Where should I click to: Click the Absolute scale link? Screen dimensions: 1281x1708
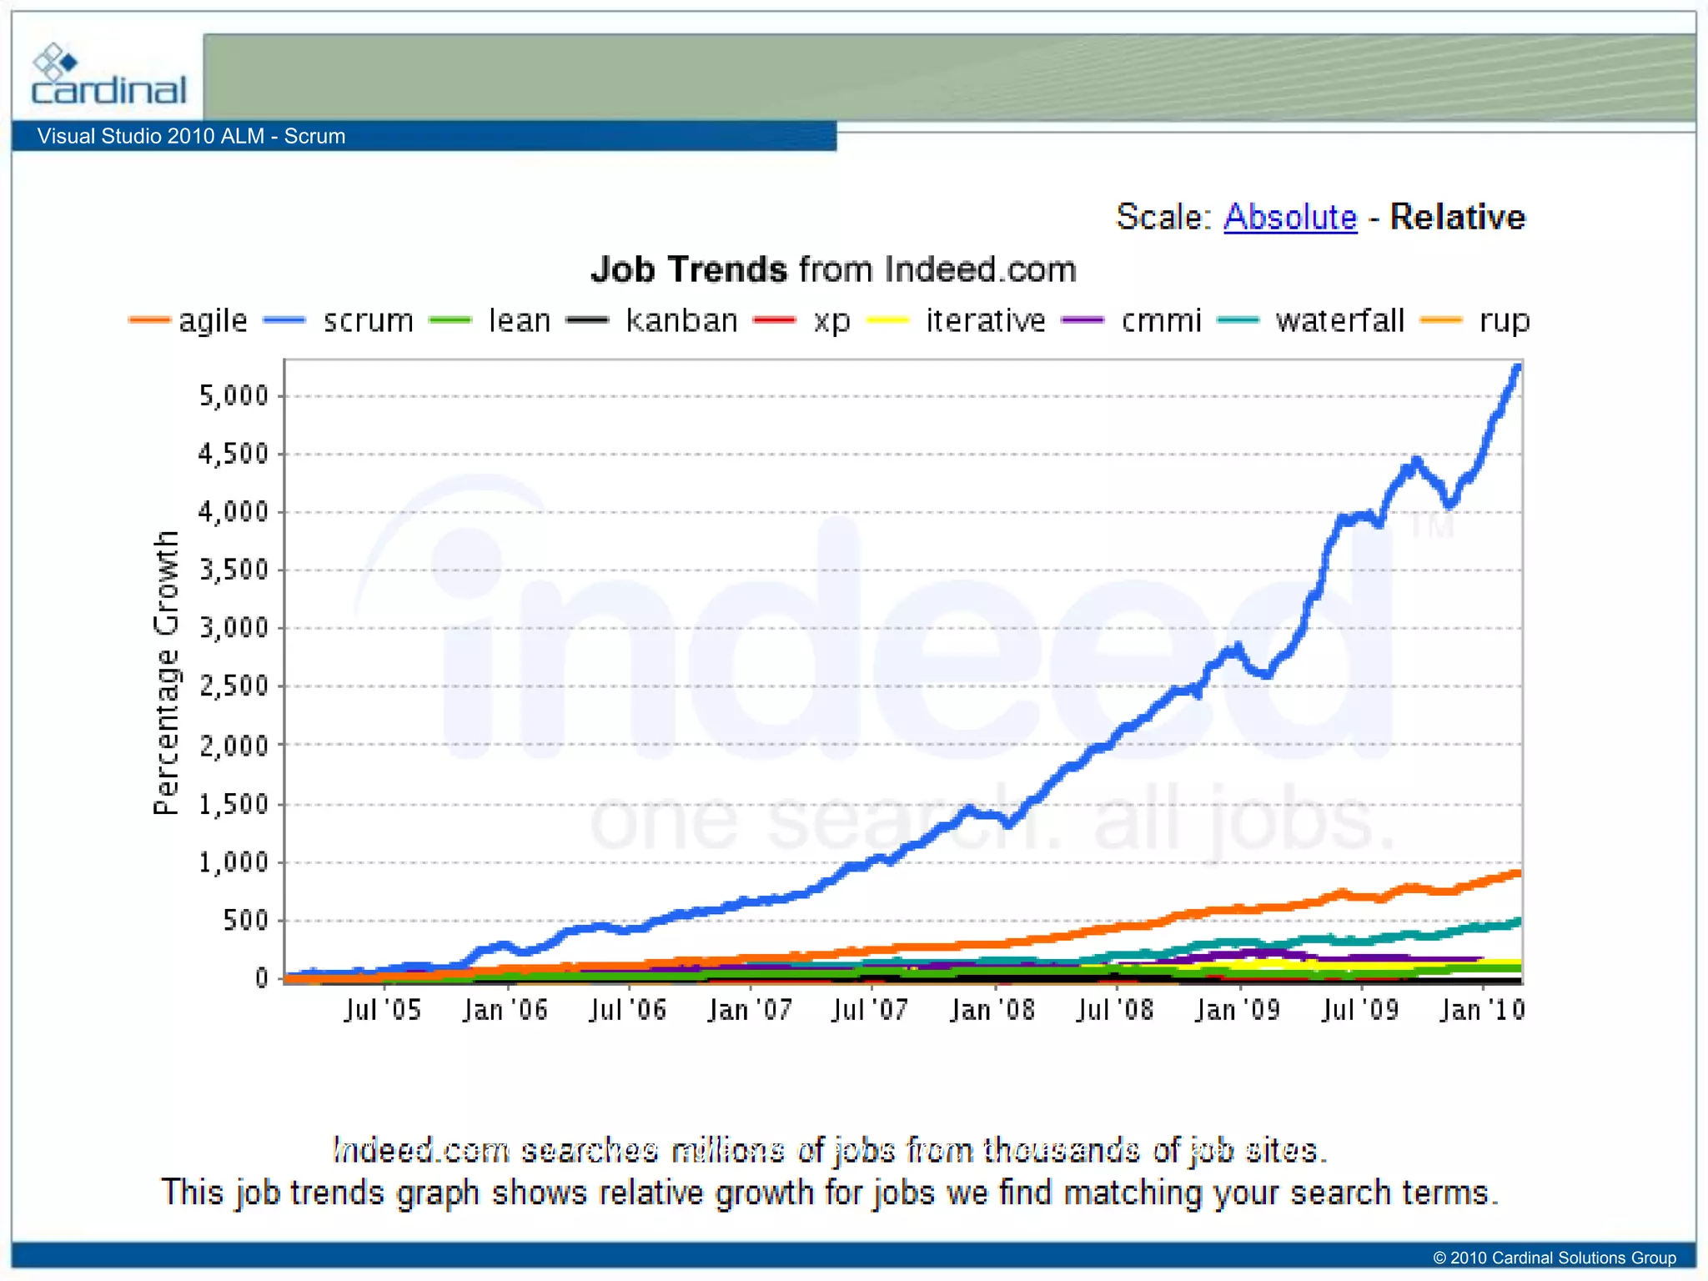pyautogui.click(x=1289, y=217)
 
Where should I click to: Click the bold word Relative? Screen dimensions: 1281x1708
pyautogui.click(x=1457, y=217)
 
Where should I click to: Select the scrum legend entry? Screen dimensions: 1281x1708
pyautogui.click(x=368, y=320)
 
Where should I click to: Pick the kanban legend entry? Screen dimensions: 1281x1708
pyautogui.click(x=681, y=320)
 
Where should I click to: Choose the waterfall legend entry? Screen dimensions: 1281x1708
pyautogui.click(x=1339, y=320)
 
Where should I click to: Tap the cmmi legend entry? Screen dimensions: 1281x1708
pyautogui.click(x=1161, y=320)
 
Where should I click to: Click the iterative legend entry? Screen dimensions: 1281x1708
pyautogui.click(x=985, y=320)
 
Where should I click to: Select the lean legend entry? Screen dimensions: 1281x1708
pyautogui.click(x=519, y=320)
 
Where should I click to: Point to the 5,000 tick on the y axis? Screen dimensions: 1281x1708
pyautogui.click(x=234, y=395)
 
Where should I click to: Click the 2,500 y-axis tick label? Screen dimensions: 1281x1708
pyautogui.click(x=234, y=686)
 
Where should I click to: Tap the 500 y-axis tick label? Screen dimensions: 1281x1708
pyautogui.click(x=245, y=920)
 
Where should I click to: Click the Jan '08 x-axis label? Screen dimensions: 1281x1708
pyautogui.click(x=992, y=1011)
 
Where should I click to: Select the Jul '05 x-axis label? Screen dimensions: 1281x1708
pyautogui.click(x=383, y=1011)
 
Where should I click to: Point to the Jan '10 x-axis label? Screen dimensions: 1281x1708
pyautogui.click(x=1482, y=1011)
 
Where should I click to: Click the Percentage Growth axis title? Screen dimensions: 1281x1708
pyautogui.click(x=166, y=672)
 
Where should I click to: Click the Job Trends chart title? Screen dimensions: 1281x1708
pyautogui.click(x=833, y=269)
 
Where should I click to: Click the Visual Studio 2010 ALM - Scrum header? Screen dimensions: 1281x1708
pyautogui.click(x=191, y=136)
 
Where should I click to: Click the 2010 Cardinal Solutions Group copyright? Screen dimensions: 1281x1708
pyautogui.click(x=1554, y=1258)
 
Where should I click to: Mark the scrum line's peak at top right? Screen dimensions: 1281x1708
pyautogui.click(x=1517, y=368)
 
